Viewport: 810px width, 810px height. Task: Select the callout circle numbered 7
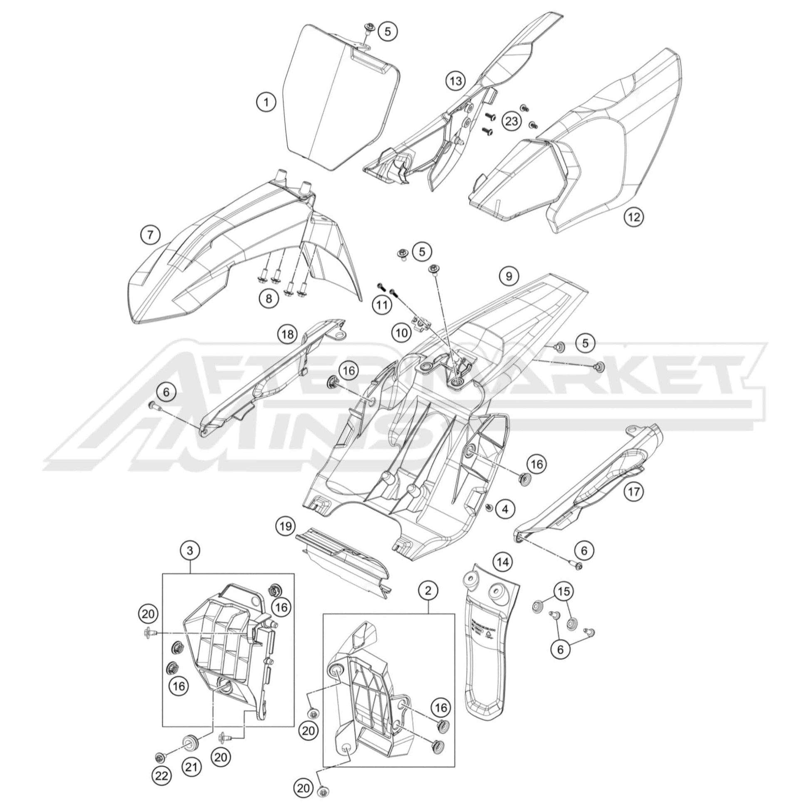pos(150,235)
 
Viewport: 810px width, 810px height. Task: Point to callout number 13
pos(456,81)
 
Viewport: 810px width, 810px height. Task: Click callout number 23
pos(512,122)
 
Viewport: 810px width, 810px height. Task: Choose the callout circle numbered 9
pos(509,276)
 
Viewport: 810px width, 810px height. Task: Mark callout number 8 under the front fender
pos(269,298)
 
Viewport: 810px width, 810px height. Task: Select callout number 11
pos(382,306)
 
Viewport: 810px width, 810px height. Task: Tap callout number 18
pos(287,334)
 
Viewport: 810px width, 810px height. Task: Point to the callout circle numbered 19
pos(286,526)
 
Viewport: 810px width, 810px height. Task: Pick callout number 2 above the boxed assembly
pos(427,590)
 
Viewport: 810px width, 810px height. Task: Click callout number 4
pos(505,509)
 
